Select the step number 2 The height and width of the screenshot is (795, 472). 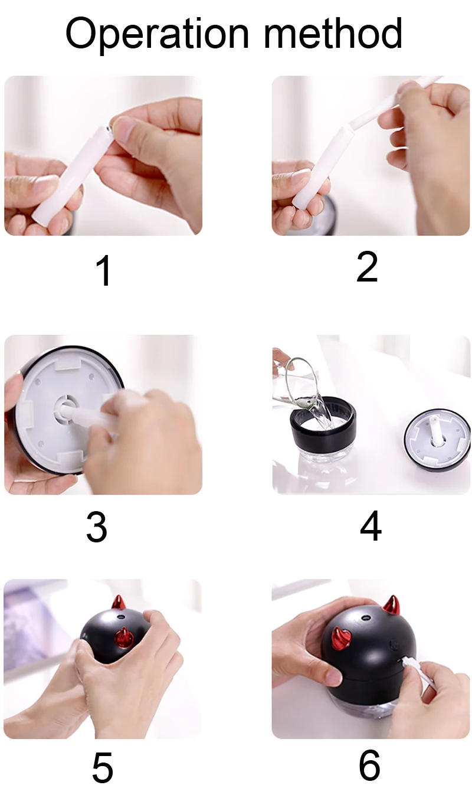click(x=367, y=267)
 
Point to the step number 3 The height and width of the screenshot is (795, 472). click(x=97, y=527)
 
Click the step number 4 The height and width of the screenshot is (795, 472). click(x=371, y=526)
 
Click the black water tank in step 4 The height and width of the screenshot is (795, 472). click(x=323, y=431)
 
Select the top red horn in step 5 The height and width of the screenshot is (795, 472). click(x=120, y=603)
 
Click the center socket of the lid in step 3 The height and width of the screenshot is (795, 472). click(x=65, y=407)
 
